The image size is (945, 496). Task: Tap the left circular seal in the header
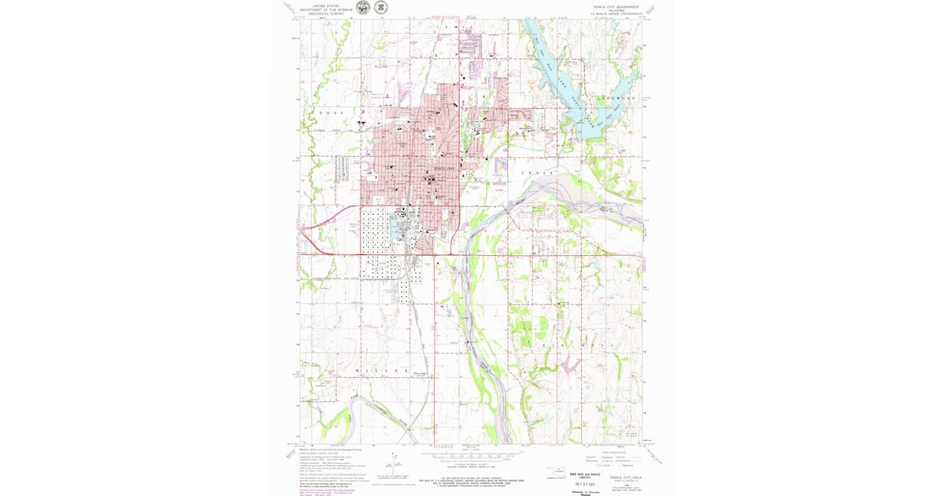[362, 8]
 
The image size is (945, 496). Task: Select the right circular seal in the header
[380, 8]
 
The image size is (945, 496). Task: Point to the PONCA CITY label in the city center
[445, 168]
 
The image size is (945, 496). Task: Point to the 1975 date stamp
[584, 483]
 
